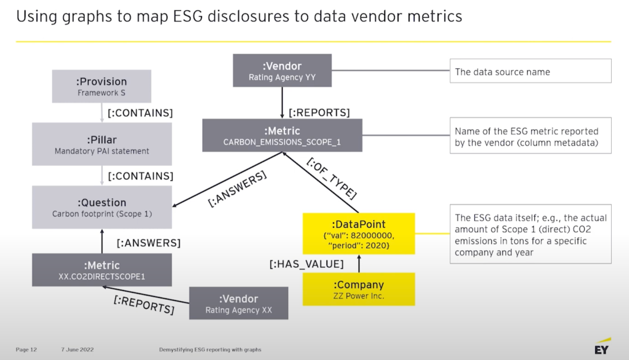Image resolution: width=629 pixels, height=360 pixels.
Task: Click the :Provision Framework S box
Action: tap(101, 86)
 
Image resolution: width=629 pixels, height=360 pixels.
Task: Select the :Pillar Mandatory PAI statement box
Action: tap(101, 144)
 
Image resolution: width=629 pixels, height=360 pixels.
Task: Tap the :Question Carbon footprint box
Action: tap(101, 207)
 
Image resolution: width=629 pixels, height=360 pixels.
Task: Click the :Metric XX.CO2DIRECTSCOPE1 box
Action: tap(101, 271)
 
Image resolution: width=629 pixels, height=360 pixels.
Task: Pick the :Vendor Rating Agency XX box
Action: tap(238, 303)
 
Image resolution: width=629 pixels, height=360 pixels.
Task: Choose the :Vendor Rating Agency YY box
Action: tap(282, 70)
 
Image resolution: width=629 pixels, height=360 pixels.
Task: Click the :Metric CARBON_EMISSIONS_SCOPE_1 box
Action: tap(282, 136)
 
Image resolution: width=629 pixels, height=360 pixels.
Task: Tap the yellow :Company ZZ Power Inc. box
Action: tap(359, 289)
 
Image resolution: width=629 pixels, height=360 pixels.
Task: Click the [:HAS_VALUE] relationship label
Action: tap(306, 264)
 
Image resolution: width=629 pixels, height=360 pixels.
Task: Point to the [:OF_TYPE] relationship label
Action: tap(331, 178)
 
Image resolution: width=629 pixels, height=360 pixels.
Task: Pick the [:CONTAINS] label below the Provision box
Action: tap(140, 112)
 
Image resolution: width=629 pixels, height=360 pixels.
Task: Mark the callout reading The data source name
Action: tap(531, 71)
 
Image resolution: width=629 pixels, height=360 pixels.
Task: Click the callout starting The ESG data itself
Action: tap(531, 234)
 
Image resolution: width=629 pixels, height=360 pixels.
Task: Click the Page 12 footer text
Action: tap(26, 350)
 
